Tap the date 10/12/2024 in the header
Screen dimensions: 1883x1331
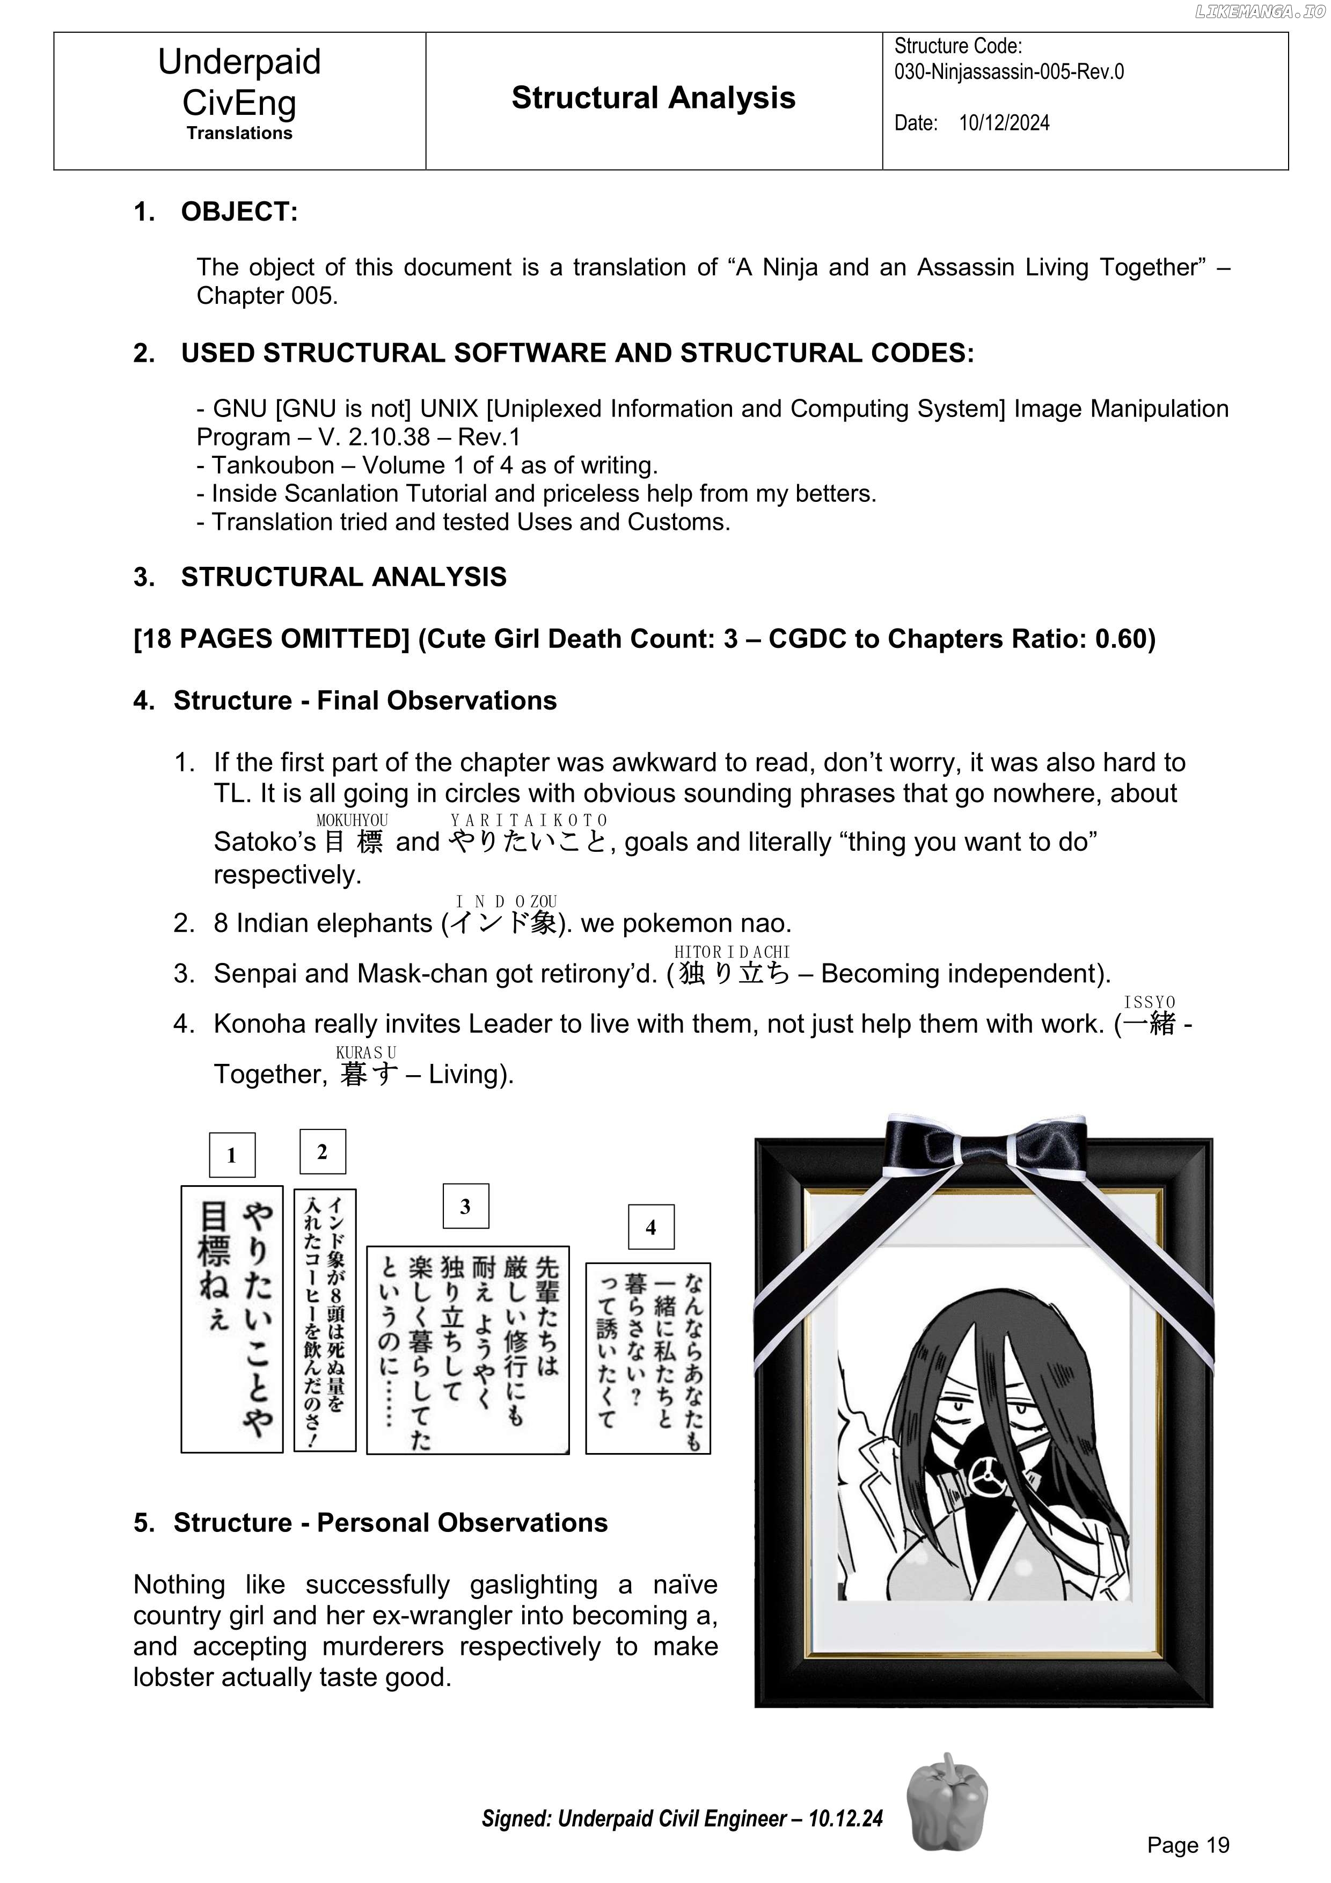(x=1004, y=123)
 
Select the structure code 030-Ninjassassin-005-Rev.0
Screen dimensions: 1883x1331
(x=1008, y=72)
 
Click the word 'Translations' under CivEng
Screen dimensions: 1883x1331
(x=239, y=133)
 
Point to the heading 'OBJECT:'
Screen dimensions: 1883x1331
(x=239, y=211)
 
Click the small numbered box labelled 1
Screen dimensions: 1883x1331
(x=232, y=1155)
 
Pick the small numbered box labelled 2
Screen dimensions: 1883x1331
(x=323, y=1151)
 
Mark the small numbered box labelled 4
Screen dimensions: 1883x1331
(x=650, y=1227)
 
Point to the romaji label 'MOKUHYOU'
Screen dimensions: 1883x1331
(x=352, y=820)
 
